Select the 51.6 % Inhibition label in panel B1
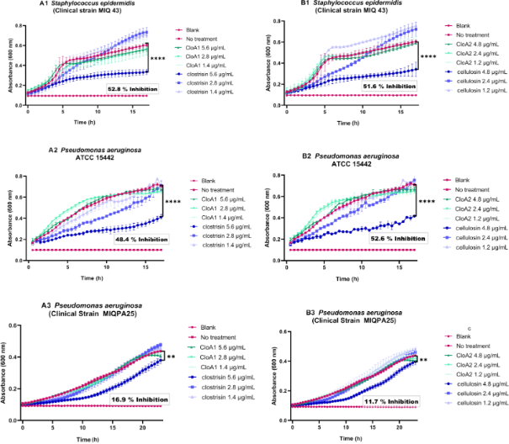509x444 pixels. pyautogui.click(x=378, y=88)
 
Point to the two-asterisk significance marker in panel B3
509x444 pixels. pyautogui.click(x=425, y=360)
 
